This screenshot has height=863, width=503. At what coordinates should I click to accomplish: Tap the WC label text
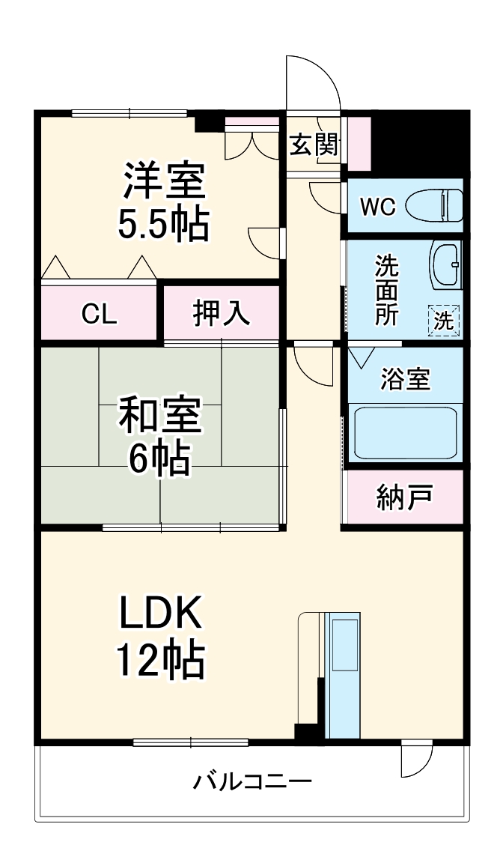(x=377, y=207)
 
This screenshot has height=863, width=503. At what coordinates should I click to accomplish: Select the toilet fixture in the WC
(x=435, y=206)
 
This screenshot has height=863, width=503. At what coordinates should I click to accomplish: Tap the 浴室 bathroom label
(x=405, y=380)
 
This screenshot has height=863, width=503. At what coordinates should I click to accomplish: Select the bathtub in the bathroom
(x=405, y=433)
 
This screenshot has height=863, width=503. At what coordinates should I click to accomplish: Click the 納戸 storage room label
(x=405, y=497)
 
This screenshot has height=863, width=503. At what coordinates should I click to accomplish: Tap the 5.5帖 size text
(x=162, y=222)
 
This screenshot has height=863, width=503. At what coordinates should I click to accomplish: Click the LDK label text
(x=159, y=616)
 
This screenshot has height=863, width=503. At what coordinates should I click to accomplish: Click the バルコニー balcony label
(x=252, y=783)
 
